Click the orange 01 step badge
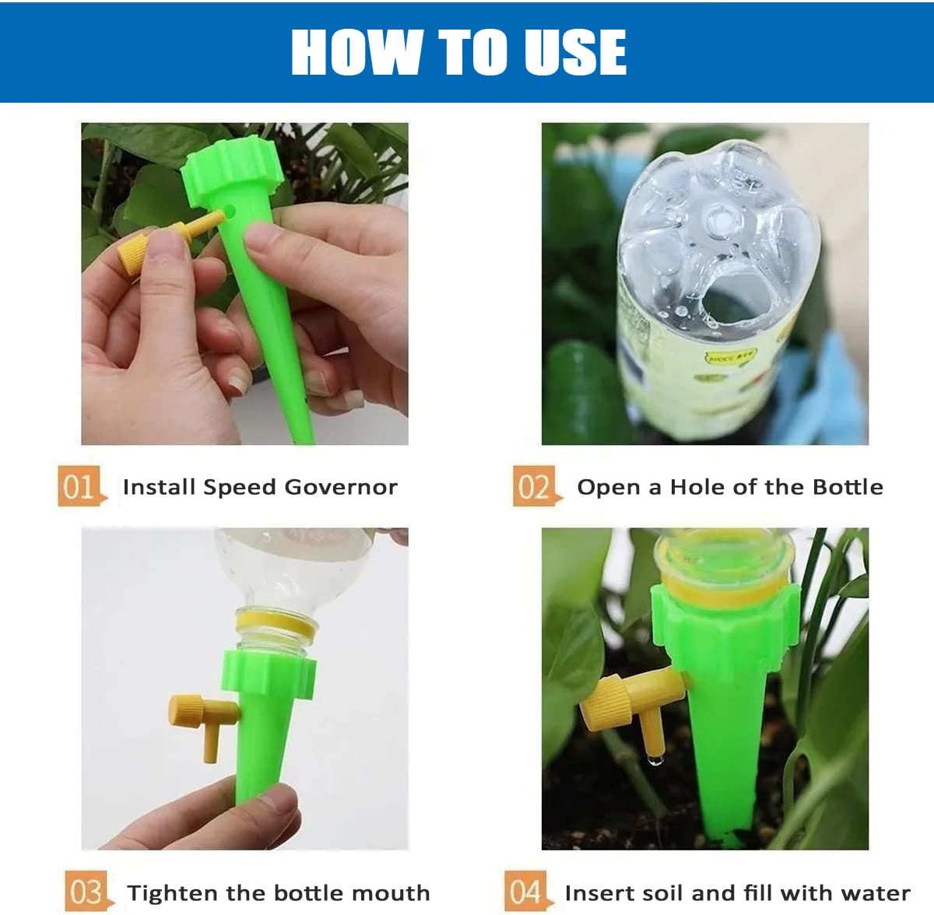pyautogui.click(x=79, y=486)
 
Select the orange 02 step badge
pyautogui.click(x=534, y=486)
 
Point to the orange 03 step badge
pyautogui.click(x=86, y=891)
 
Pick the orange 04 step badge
pyautogui.click(x=526, y=891)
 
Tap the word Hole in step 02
pyautogui.click(x=698, y=487)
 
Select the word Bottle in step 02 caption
pyautogui.click(x=848, y=487)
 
